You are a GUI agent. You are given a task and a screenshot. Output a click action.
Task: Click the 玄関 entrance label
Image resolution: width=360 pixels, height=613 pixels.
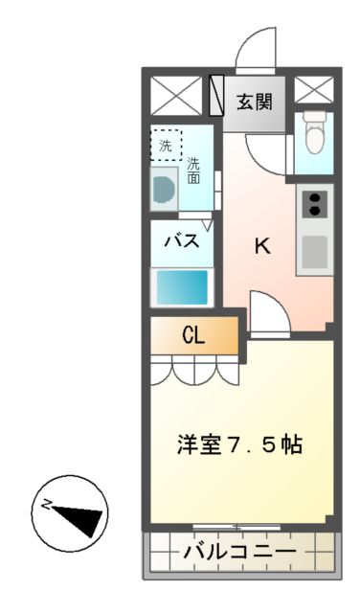click(x=254, y=99)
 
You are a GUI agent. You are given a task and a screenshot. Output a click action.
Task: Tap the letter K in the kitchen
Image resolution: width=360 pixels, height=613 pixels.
click(x=261, y=245)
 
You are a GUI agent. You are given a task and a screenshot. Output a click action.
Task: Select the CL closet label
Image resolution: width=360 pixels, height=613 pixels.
click(x=192, y=335)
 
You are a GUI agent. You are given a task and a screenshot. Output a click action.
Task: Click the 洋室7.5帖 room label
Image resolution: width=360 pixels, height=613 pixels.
click(x=240, y=445)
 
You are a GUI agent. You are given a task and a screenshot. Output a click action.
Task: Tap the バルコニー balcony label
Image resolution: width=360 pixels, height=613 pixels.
click(x=240, y=553)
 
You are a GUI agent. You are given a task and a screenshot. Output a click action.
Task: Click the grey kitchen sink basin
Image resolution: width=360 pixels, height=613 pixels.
click(x=314, y=252)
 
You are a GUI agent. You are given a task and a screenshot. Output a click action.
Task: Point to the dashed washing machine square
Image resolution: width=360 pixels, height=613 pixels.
click(x=166, y=146)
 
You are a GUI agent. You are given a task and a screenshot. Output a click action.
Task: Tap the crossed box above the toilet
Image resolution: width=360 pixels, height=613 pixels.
click(x=311, y=91)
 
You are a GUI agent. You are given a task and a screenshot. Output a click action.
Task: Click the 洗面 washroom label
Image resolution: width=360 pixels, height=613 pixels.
click(x=194, y=170)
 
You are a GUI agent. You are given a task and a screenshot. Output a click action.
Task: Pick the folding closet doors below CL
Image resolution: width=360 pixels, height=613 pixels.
click(x=192, y=369)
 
